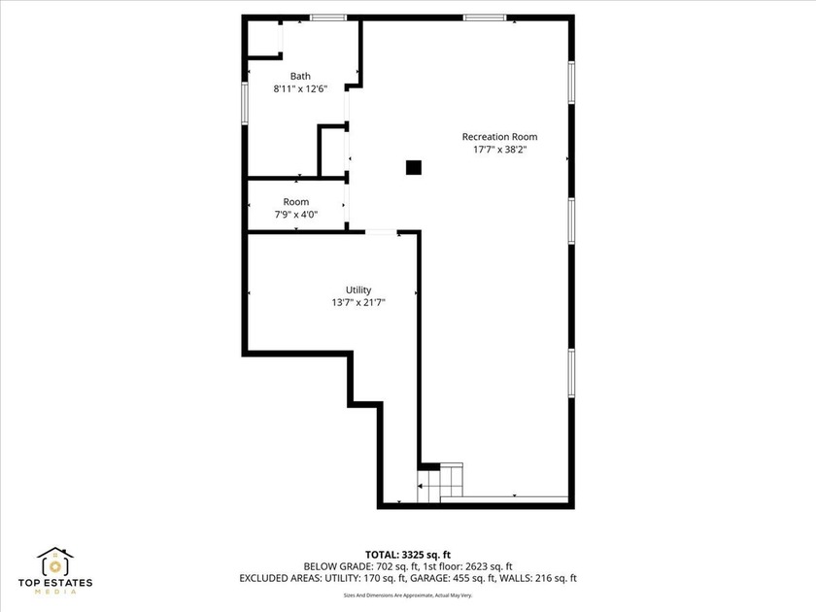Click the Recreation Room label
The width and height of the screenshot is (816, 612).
click(x=499, y=137)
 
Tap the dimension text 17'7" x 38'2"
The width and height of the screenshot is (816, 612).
click(x=499, y=151)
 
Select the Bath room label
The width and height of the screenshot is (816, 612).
click(x=300, y=76)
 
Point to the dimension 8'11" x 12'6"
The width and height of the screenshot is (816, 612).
click(x=300, y=89)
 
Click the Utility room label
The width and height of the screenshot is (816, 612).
click(x=358, y=289)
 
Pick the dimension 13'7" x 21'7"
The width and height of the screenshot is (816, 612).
click(x=358, y=303)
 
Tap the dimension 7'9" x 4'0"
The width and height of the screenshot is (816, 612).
click(x=296, y=215)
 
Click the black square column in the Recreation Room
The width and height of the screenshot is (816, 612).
click(x=414, y=168)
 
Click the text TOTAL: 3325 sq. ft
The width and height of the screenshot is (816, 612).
click(x=408, y=553)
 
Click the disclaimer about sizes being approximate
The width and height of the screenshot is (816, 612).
click(x=408, y=595)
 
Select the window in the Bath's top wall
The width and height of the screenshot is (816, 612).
click(x=328, y=17)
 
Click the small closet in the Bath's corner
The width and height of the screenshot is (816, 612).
click(x=262, y=39)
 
